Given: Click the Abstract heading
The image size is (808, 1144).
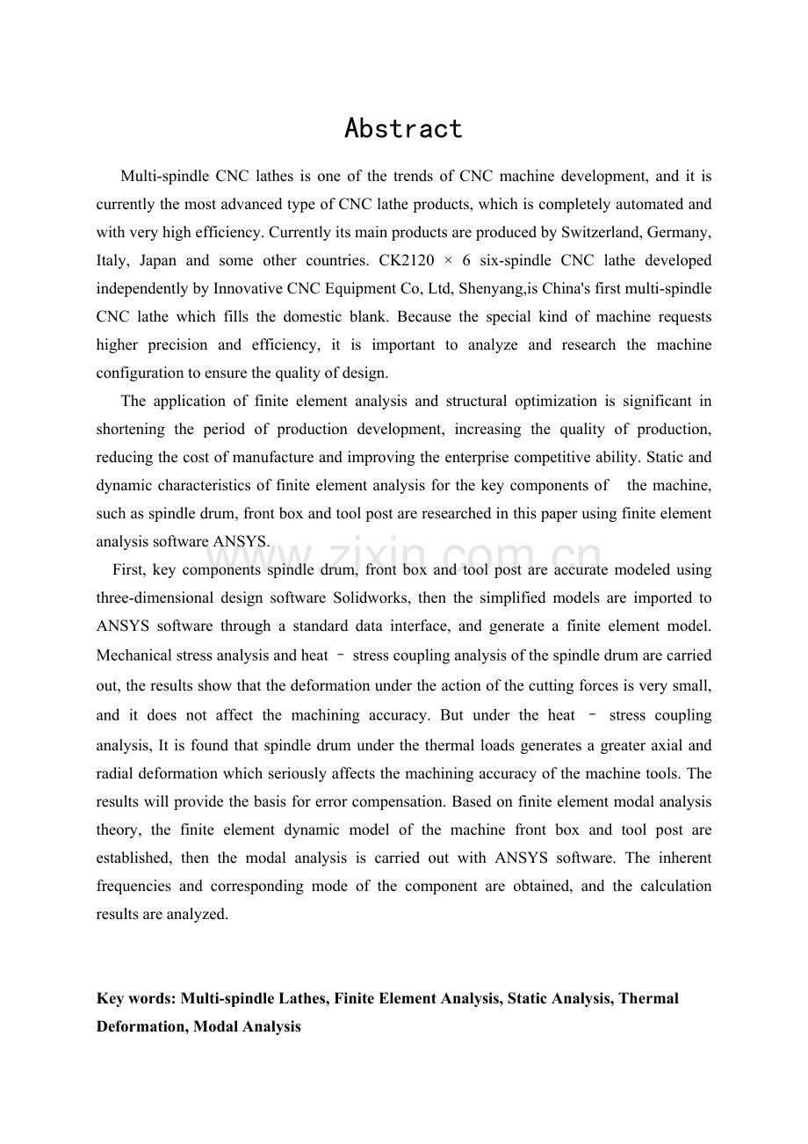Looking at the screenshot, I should click(403, 129).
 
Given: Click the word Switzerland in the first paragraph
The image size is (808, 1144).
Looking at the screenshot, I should click(585, 233).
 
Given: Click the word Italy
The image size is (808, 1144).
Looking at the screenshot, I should click(112, 261).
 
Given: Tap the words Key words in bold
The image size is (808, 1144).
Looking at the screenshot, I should click(135, 999).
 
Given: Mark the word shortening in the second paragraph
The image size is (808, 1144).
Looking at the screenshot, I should click(129, 430).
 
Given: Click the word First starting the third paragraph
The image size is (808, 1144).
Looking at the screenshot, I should click(128, 570).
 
